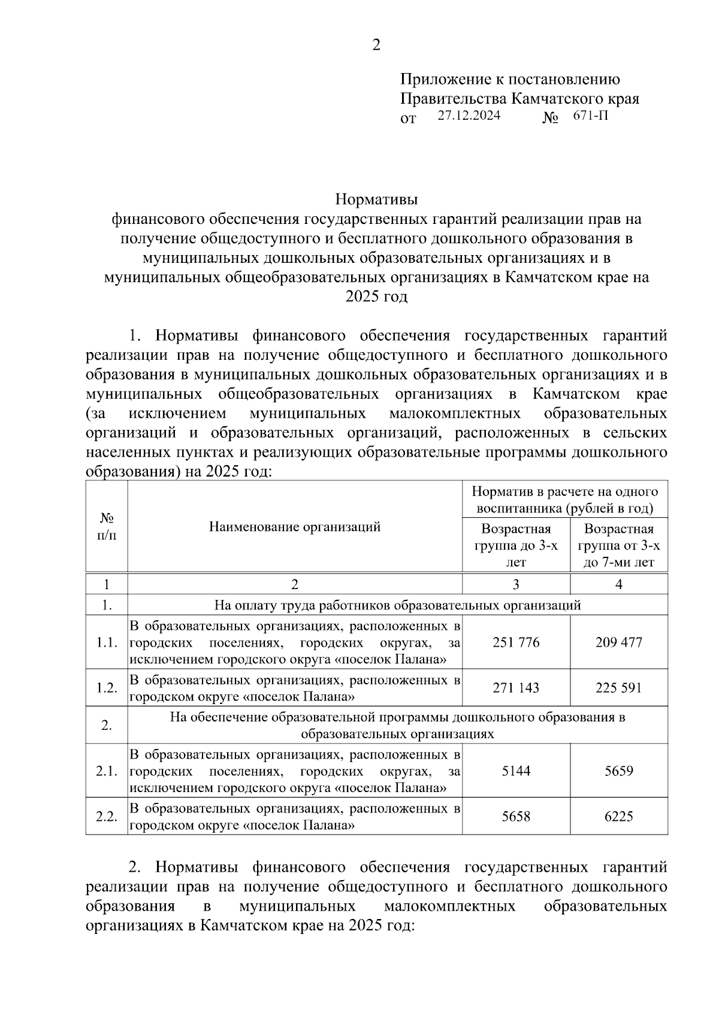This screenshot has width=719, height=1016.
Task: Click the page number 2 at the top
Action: coord(376,46)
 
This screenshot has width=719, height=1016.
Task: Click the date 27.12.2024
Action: coord(469,116)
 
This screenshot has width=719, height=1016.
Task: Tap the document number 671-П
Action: coord(590,116)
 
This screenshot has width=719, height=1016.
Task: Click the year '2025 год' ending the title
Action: coord(376,297)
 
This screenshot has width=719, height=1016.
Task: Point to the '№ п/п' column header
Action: coord(107,526)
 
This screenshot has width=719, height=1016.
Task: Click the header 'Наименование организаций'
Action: coord(295,527)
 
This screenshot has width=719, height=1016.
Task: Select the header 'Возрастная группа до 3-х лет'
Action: coord(516,545)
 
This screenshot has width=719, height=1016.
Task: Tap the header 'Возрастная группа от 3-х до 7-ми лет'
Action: coord(619,545)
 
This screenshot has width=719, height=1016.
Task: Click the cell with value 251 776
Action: coord(516,642)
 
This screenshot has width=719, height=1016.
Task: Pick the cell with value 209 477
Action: coord(619,642)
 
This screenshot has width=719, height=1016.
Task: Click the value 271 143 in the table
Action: coord(516,688)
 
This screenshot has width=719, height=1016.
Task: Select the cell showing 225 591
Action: coord(619,688)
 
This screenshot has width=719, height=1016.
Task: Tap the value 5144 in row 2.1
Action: coord(516,771)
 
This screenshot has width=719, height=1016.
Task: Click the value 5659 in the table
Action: coord(619,771)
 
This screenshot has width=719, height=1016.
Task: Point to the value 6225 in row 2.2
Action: coord(619,816)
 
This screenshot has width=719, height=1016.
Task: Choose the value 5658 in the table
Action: coord(516,816)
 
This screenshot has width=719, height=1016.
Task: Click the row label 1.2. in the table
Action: coord(107,688)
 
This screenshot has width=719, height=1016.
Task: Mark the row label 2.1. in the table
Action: coord(107,771)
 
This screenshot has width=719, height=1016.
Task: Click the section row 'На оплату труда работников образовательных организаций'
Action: coord(397,605)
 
